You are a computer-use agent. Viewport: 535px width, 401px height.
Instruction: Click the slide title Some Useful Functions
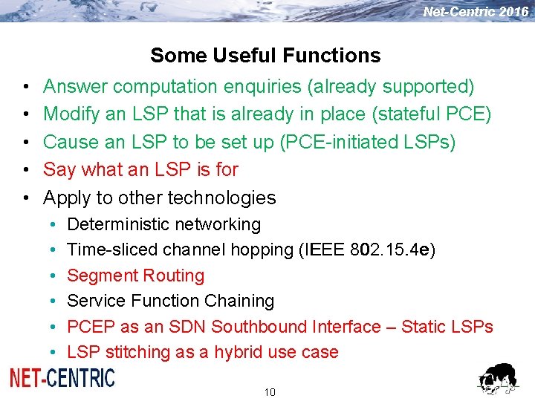265,56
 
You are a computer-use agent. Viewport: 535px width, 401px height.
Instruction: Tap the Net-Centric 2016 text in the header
476,12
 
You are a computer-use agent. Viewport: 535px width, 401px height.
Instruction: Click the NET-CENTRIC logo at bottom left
62,378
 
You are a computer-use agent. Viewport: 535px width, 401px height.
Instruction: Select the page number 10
269,392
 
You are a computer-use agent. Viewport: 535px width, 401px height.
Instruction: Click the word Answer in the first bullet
76,87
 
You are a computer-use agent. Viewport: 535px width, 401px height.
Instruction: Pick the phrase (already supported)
390,87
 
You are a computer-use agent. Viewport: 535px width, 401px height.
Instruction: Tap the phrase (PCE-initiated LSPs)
367,142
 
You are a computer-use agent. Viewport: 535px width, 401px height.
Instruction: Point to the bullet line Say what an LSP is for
140,169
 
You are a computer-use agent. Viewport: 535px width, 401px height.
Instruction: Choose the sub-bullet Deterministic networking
163,224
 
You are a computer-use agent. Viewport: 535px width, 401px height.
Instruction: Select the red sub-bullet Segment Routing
135,276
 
